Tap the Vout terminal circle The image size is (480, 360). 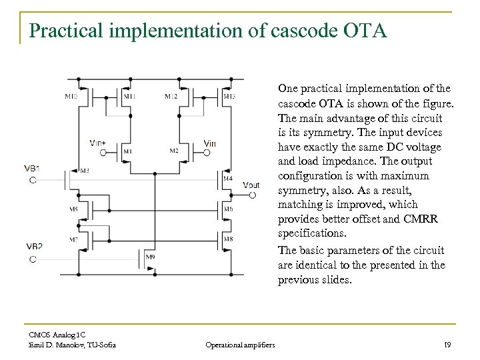(253, 195)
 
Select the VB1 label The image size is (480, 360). (33, 168)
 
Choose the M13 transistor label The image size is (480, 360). (229, 97)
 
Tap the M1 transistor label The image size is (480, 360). (128, 151)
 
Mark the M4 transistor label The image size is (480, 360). (228, 179)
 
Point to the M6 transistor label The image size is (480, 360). (228, 209)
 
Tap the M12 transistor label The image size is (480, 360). (171, 97)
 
